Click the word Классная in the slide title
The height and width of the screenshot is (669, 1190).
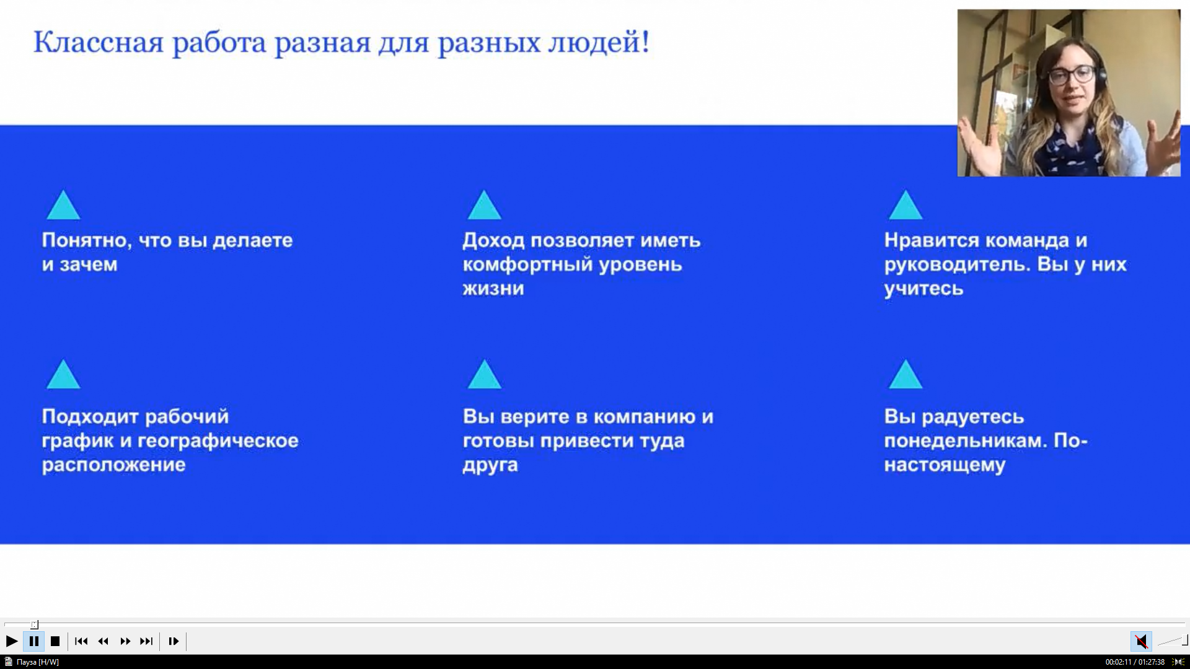click(x=98, y=42)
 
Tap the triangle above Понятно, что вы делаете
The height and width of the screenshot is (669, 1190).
click(x=63, y=206)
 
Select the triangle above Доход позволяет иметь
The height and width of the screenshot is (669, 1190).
click(x=484, y=206)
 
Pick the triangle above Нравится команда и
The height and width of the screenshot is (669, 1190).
click(x=906, y=206)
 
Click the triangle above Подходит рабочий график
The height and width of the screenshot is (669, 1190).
click(x=63, y=375)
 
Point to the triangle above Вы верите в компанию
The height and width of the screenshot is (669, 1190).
click(x=484, y=375)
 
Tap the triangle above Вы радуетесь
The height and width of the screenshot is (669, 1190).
click(x=906, y=375)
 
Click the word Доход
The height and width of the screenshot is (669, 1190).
click(x=493, y=240)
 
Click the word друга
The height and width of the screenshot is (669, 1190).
click(x=490, y=465)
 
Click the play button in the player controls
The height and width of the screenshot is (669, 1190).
click(x=12, y=641)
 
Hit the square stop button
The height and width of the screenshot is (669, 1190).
click(x=55, y=641)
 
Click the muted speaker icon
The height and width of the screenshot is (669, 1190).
click(x=1141, y=641)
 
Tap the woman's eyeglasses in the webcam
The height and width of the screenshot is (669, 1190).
click(x=1071, y=76)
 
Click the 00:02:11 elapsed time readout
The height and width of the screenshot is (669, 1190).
click(x=1118, y=662)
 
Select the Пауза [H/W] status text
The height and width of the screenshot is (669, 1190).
click(x=38, y=662)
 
